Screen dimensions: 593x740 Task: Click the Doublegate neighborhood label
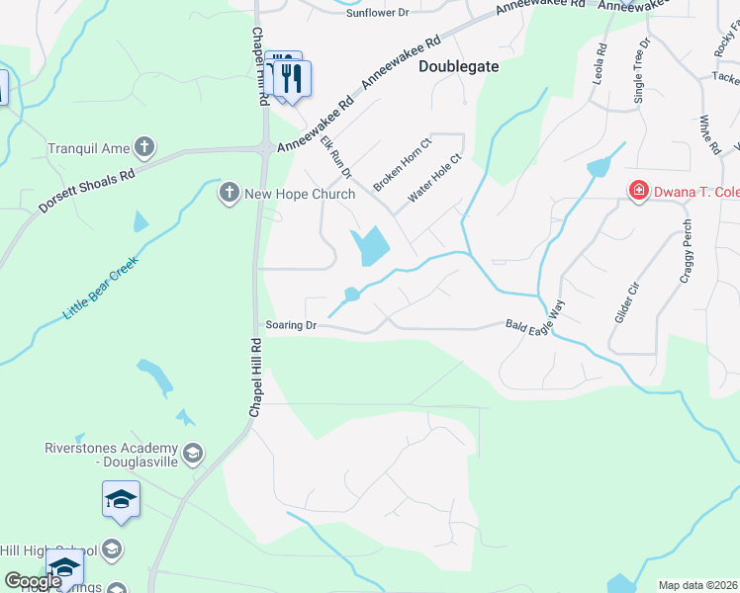[458, 67]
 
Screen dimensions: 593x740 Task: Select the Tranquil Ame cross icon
[144, 149]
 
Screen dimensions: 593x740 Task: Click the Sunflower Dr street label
[377, 13]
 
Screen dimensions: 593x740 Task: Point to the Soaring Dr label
[291, 325]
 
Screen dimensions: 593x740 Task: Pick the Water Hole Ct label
[436, 178]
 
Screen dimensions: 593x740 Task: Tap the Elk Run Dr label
[336, 158]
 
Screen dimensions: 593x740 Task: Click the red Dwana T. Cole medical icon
[639, 190]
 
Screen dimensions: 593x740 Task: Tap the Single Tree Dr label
[640, 70]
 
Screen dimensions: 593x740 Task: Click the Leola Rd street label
[599, 62]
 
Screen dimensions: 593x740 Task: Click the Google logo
[34, 581]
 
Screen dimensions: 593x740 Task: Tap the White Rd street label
[709, 133]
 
